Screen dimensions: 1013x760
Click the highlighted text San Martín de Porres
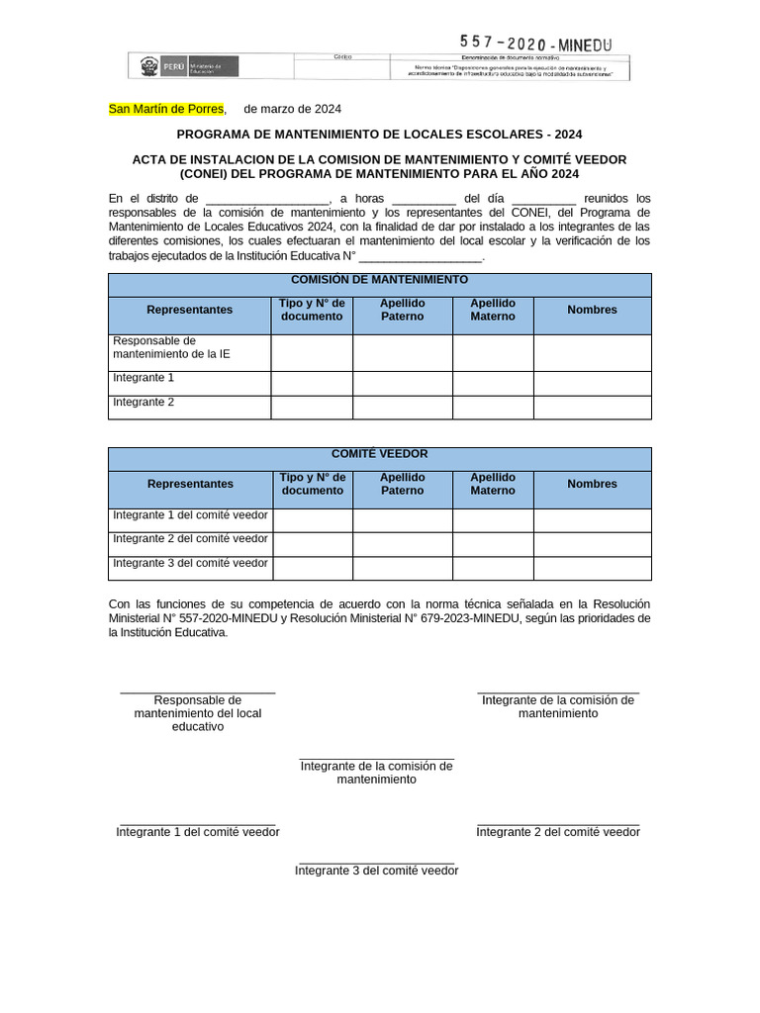[166, 109]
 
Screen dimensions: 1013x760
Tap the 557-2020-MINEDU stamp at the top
[535, 44]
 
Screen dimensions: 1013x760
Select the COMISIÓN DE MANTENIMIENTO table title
[379, 280]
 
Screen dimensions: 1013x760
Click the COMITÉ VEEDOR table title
[379, 454]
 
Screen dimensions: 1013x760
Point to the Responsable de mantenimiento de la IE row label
[172, 347]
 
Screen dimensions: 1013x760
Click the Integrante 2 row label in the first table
[143, 403]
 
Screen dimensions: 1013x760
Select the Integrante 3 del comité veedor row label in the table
[190, 563]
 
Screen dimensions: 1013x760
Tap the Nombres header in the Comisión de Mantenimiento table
[592, 310]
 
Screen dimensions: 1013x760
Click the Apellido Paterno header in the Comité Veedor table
[402, 484]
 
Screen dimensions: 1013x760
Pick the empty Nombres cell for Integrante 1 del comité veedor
[592, 520]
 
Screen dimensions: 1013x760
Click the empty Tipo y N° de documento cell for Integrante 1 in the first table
[312, 383]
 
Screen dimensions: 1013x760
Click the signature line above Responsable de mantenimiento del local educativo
[197, 692]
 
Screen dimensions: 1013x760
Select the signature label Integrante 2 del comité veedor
[558, 832]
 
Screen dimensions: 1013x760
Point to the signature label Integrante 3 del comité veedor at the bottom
[377, 871]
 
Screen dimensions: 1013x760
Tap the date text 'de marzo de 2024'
[292, 109]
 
